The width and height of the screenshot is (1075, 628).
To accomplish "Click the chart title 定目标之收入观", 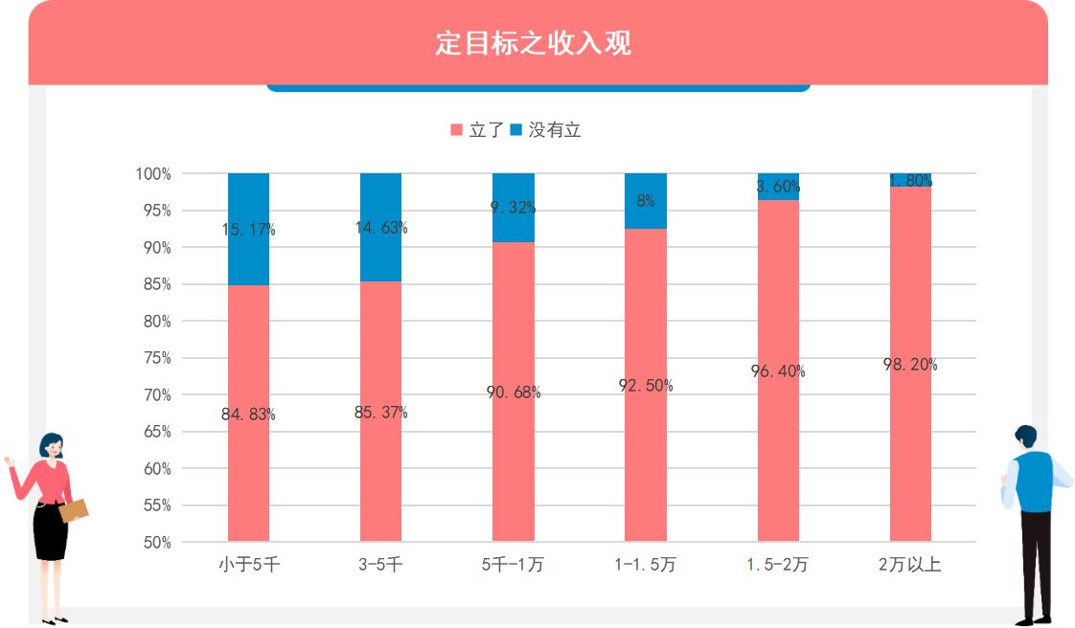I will [x=534, y=44].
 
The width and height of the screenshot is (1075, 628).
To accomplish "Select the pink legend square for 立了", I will [x=456, y=130].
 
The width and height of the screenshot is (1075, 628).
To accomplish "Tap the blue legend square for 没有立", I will [x=516, y=130].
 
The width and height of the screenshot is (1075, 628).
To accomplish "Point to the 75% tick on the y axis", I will [x=153, y=358].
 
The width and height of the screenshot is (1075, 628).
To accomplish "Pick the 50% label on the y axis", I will [x=153, y=542].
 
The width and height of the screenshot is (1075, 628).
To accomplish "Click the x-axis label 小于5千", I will [x=248, y=565].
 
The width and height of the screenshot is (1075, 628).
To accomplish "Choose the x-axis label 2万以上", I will [x=909, y=565].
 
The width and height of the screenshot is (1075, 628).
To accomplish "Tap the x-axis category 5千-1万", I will [x=513, y=565].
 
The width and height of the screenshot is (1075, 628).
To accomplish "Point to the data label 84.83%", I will [x=248, y=415].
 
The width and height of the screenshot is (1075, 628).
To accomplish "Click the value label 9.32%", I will [x=513, y=207].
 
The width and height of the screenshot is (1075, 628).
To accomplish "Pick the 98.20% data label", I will [x=909, y=365].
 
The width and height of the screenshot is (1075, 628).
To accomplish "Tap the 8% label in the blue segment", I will [x=645, y=201].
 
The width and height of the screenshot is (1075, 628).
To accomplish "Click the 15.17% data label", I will [x=248, y=230].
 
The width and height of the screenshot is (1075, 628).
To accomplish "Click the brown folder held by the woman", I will [x=74, y=510].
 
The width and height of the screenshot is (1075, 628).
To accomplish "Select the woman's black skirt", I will [x=50, y=532].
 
